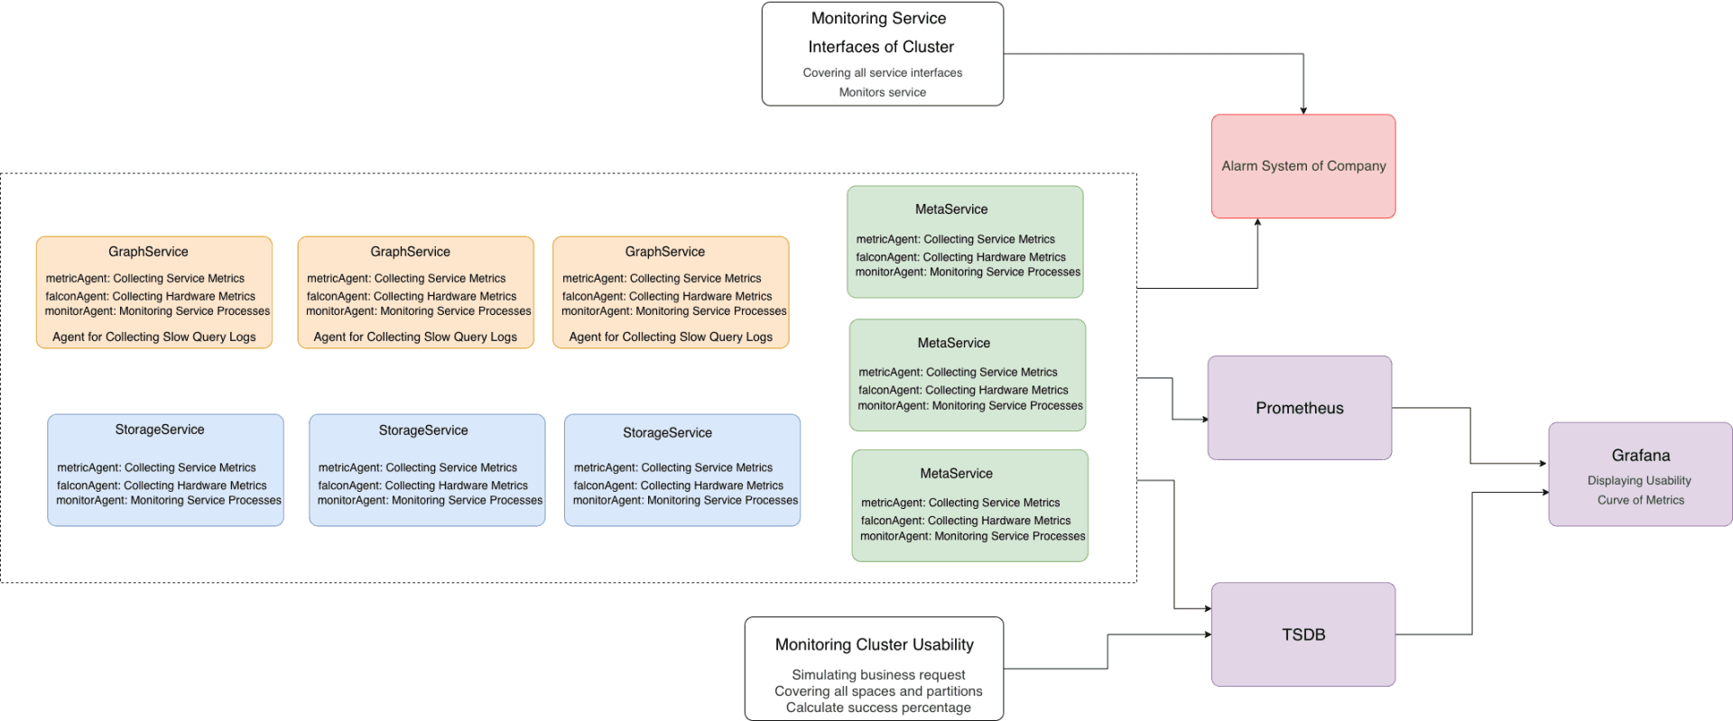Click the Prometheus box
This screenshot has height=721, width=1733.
coord(1299,408)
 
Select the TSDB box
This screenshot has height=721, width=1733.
coord(1302,634)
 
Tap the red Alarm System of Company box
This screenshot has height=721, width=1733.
coord(1302,166)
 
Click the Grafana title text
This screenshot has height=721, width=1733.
coord(1640,456)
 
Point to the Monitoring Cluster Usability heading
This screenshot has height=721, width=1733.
coord(874,644)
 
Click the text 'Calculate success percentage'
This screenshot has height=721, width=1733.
coord(877,707)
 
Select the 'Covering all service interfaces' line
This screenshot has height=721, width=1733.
coord(882,73)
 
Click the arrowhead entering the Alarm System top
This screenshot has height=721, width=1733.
coord(1302,110)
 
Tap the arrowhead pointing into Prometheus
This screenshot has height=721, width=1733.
coord(1204,419)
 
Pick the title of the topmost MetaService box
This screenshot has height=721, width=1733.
coord(950,209)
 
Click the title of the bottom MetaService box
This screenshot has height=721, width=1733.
coord(956,474)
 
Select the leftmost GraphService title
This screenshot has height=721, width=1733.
coord(148,252)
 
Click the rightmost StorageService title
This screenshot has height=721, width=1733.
coord(667,433)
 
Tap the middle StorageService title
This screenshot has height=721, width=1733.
coord(422,430)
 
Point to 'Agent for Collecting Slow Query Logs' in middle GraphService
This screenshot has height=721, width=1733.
coord(415,337)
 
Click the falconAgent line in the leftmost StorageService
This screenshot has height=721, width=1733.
coord(162,485)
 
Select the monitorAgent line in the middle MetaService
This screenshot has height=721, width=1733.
coord(969,406)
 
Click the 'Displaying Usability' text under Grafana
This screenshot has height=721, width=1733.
coord(1639,481)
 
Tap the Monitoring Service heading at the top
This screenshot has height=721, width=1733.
coord(878,18)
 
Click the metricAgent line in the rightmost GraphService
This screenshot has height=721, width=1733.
coord(662,279)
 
